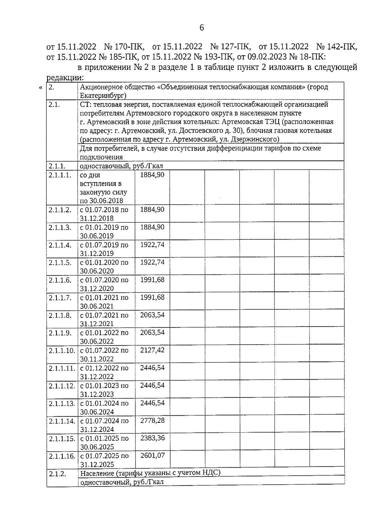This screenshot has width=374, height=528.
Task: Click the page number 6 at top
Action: point(201,28)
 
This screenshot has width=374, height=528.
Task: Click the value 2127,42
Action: point(152,350)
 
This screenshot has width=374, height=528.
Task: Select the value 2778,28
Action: point(152,420)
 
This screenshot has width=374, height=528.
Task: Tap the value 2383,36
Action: point(152,438)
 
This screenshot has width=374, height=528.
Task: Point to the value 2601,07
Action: point(152,455)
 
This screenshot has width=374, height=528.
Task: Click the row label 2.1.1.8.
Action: point(60,315)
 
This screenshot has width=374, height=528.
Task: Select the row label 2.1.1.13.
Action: point(62,403)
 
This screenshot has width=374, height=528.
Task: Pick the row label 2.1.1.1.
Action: point(60,175)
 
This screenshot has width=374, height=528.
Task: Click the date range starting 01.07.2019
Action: point(104,249)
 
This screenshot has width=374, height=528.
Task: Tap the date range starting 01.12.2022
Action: point(104,372)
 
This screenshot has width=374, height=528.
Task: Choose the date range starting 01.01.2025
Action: point(104,442)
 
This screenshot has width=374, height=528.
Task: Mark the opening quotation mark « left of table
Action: point(41,88)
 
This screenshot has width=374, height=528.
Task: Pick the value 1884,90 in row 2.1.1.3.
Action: point(152,227)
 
